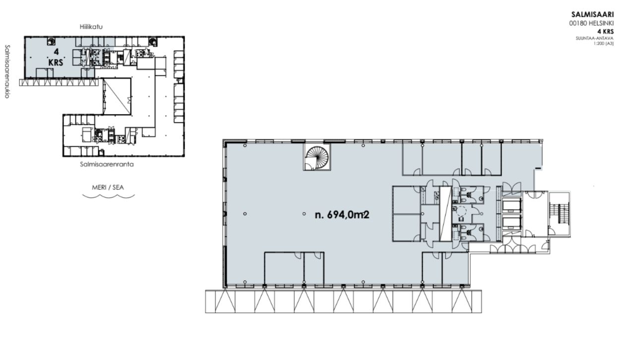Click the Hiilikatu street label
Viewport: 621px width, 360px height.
click(x=91, y=27)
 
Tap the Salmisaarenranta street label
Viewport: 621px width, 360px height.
click(x=107, y=164)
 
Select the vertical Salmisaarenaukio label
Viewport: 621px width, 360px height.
click(x=7, y=71)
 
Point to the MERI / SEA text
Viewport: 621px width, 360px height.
click(x=108, y=187)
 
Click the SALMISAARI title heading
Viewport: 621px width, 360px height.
click(x=592, y=14)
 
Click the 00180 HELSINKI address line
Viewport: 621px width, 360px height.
click(x=591, y=24)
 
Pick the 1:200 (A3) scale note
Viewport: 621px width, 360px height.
click(x=604, y=44)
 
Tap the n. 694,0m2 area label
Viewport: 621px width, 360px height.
click(x=342, y=215)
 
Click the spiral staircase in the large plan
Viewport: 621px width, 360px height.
click(x=317, y=157)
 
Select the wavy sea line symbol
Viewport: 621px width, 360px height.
click(x=109, y=196)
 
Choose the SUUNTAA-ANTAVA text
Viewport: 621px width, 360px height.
click(x=595, y=39)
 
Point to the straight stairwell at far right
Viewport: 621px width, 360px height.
click(x=559, y=213)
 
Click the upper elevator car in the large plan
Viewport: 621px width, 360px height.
click(x=512, y=205)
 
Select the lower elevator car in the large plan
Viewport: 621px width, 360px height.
click(x=512, y=223)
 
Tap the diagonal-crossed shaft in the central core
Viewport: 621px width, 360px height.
click(x=446, y=213)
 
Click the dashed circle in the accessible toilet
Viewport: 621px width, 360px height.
click(x=462, y=211)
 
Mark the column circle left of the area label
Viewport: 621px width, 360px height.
click(x=304, y=214)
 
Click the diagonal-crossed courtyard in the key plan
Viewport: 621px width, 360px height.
click(x=117, y=96)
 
